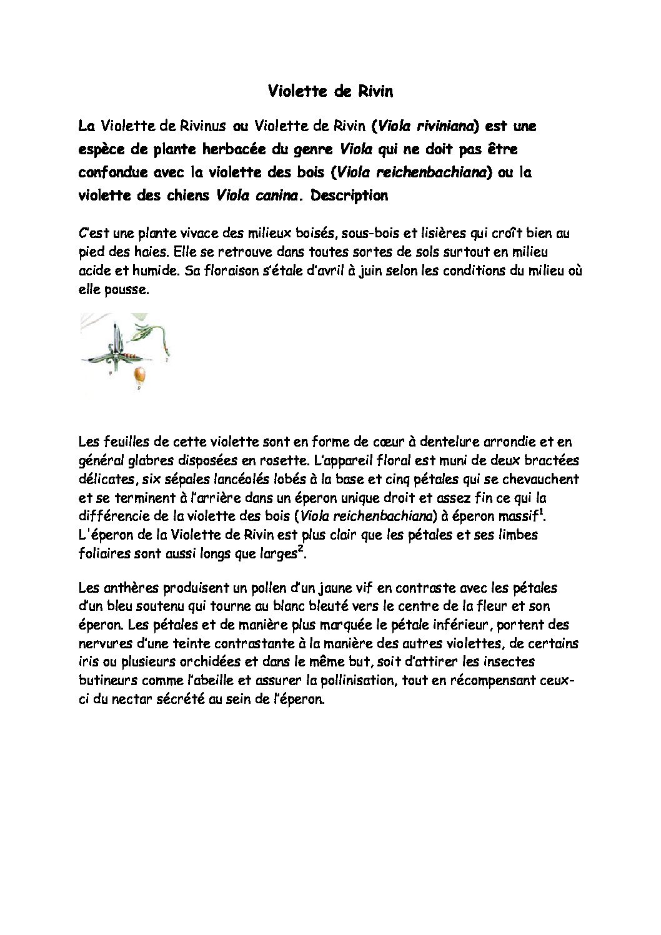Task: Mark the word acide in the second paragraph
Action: pyautogui.click(x=94, y=272)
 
